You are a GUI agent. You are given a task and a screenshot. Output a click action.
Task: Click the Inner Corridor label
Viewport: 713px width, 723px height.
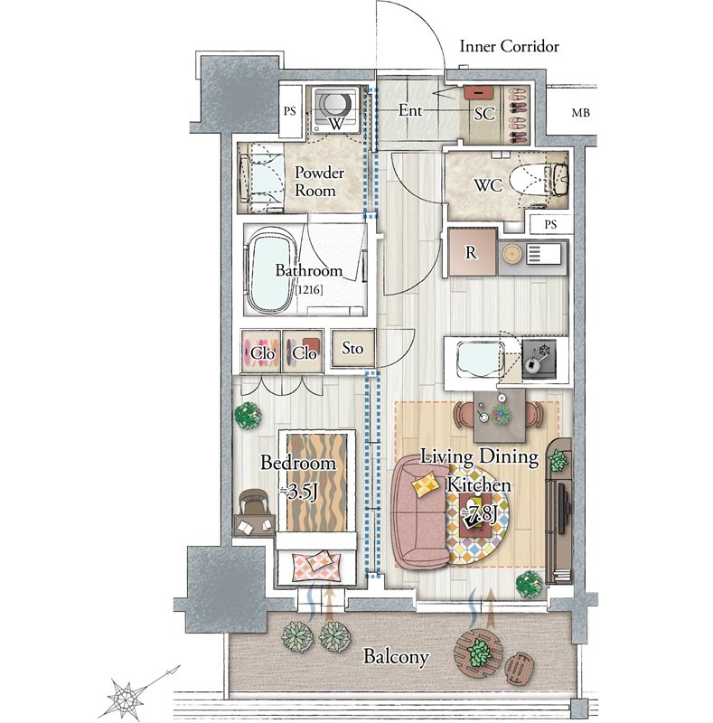tap(509, 46)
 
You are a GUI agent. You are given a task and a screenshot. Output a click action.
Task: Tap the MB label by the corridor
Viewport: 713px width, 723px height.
tap(581, 112)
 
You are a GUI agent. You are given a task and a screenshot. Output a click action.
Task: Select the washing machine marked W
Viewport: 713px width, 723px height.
tap(336, 108)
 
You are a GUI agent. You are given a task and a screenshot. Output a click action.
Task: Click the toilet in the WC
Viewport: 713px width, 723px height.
tap(539, 182)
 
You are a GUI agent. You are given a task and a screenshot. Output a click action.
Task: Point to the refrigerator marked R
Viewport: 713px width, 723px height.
tap(473, 252)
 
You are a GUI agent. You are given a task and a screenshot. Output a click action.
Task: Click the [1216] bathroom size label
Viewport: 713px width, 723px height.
tap(309, 290)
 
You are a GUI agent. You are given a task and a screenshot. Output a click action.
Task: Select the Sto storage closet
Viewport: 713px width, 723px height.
tap(352, 349)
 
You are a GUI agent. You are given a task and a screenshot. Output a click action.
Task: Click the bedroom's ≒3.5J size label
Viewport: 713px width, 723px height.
tap(299, 493)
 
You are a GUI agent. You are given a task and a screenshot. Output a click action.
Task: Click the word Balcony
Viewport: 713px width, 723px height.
tap(396, 657)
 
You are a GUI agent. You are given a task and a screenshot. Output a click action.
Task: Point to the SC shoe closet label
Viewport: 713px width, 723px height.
tap(484, 114)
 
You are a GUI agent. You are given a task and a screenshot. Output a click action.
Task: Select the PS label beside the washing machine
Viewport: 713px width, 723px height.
tap(289, 111)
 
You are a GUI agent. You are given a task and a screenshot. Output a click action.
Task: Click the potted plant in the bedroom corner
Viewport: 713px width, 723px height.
tap(248, 416)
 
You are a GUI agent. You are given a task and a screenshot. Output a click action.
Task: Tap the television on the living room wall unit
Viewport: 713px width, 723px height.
tap(564, 507)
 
